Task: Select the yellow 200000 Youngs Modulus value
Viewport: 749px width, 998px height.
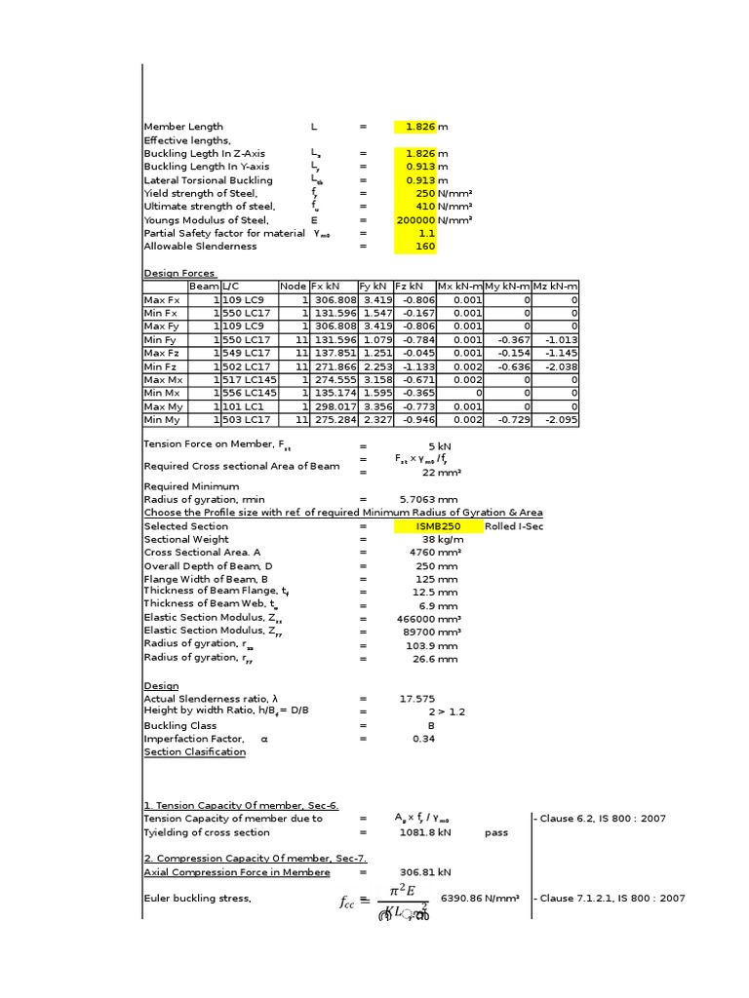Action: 415,220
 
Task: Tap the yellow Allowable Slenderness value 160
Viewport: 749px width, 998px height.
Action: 415,247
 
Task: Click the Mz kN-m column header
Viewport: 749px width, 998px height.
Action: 555,287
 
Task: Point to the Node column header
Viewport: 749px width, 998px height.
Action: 293,287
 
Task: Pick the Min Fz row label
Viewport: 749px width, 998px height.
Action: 161,366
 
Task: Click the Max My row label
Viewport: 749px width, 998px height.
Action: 163,406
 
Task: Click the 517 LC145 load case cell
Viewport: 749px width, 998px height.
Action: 249,380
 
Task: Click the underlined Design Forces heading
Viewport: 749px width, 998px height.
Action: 180,274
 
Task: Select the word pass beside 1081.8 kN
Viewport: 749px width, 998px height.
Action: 496,833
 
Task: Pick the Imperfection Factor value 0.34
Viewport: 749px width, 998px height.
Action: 423,739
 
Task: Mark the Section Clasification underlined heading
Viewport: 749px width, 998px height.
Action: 194,752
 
